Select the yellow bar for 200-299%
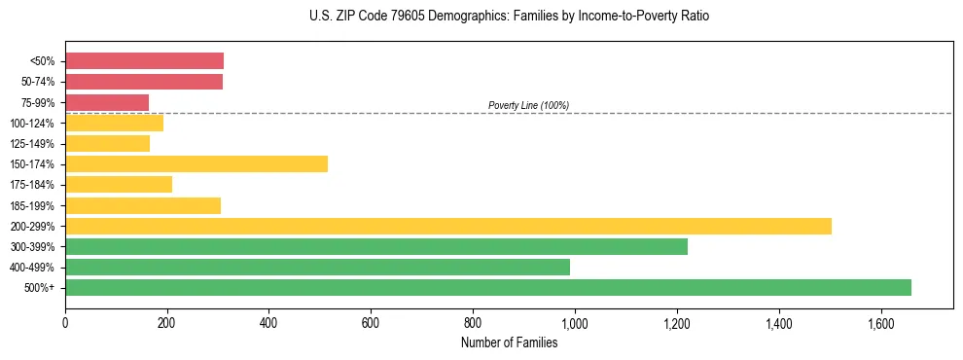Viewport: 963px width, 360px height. (448, 226)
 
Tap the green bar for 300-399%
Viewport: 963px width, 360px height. (376, 246)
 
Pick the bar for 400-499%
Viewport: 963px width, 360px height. (317, 267)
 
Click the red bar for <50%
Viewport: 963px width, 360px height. (144, 61)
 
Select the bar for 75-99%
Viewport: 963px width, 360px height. (107, 102)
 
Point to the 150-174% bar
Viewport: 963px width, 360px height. (196, 163)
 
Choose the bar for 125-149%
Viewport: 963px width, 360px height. (107, 143)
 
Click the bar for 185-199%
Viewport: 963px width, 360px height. (143, 205)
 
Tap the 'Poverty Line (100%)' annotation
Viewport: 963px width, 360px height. (528, 105)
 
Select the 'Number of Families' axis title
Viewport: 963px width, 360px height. (510, 342)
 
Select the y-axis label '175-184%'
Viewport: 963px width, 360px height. (34, 185)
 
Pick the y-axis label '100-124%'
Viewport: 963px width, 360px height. (34, 123)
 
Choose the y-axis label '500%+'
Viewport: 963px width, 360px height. (41, 288)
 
